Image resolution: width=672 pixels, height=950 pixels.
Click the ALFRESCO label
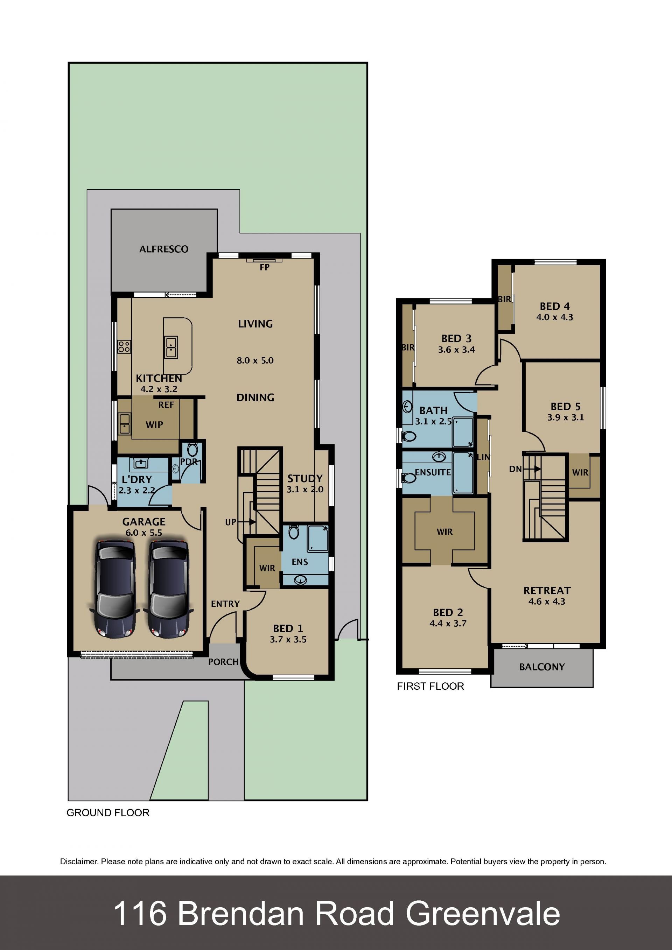click(x=164, y=249)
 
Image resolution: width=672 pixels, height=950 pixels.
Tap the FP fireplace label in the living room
click(x=264, y=267)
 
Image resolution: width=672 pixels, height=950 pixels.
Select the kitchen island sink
click(x=171, y=347)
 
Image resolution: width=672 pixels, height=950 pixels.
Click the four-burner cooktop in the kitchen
click(x=124, y=346)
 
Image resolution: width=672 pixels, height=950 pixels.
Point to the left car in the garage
click(x=114, y=589)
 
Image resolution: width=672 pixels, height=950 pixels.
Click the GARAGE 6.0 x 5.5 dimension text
click(x=143, y=533)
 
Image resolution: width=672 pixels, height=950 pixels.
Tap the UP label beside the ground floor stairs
click(x=231, y=522)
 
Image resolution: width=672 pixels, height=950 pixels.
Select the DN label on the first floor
click(x=515, y=469)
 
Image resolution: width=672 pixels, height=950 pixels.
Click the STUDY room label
click(x=305, y=478)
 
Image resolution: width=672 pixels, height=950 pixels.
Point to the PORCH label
click(x=223, y=662)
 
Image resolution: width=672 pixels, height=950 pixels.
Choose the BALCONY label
click(x=542, y=667)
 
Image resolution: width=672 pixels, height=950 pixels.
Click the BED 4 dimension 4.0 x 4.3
click(x=554, y=317)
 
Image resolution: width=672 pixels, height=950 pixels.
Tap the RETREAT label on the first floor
click(x=547, y=590)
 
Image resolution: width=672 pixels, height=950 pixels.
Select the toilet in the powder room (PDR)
click(x=192, y=449)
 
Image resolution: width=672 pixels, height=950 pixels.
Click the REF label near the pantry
click(x=166, y=405)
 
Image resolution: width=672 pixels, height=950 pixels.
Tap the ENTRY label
click(x=225, y=604)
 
